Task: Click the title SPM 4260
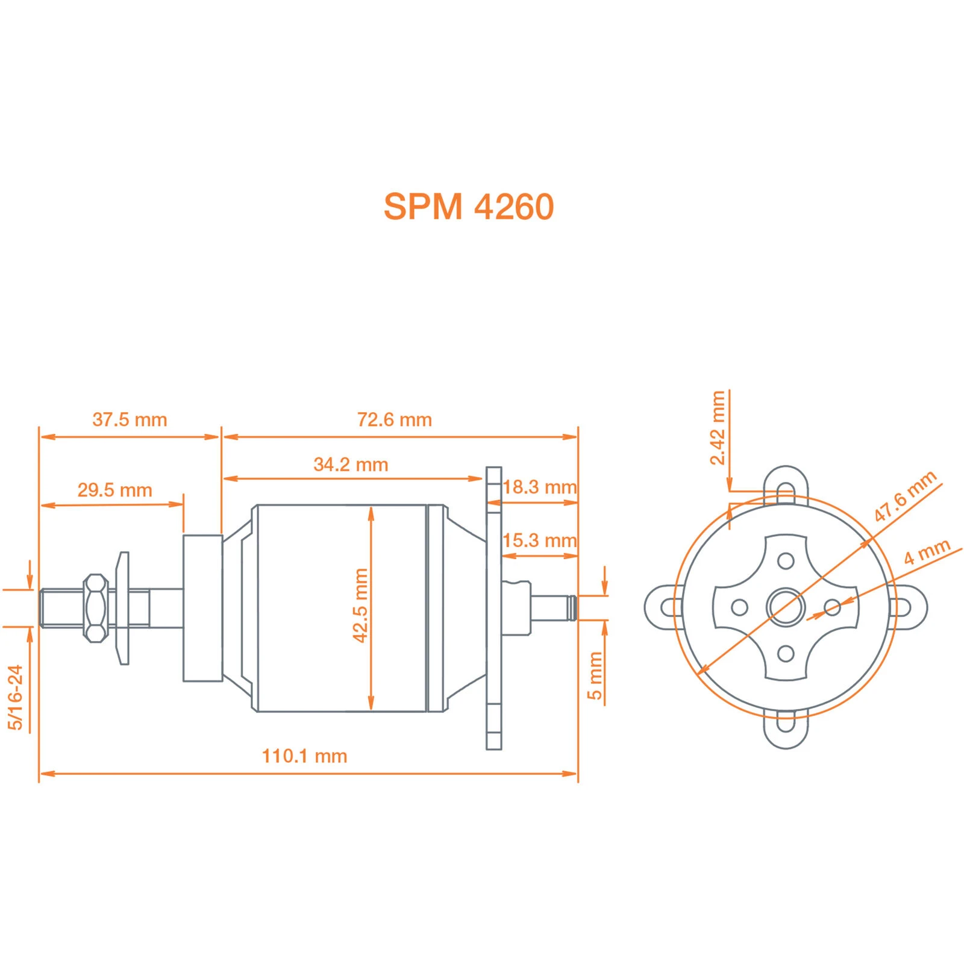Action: pos(468,207)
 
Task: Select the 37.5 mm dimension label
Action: pos(130,419)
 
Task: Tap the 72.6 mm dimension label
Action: pos(394,419)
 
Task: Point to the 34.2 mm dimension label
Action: pos(351,464)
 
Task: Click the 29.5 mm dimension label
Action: pos(114,490)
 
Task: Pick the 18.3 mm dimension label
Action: pos(539,487)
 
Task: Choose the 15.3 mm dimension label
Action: pos(539,540)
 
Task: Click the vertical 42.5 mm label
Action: pos(360,605)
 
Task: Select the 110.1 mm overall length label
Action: pos(304,756)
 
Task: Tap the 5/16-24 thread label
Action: pos(15,697)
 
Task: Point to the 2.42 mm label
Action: pos(718,428)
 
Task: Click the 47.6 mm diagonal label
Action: pos(905,496)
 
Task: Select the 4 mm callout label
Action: pos(927,552)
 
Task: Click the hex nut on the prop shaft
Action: pos(95,607)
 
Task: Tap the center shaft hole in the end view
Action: pos(786,607)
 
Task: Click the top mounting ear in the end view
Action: pos(786,482)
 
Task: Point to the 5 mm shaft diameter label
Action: pos(595,675)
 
